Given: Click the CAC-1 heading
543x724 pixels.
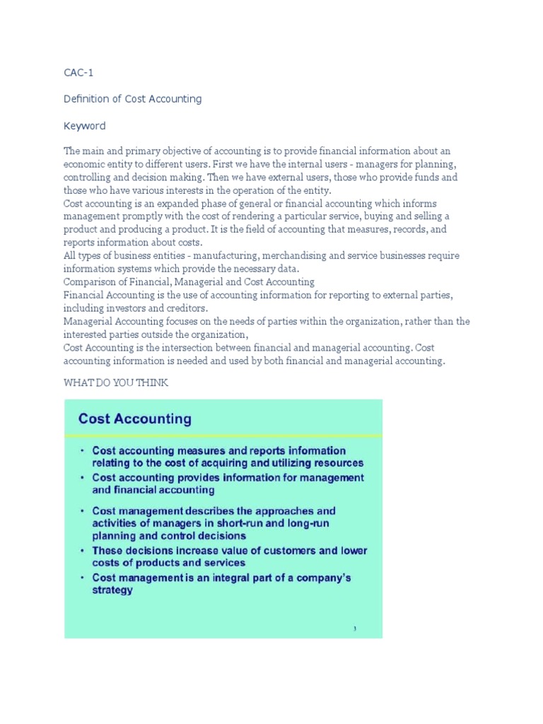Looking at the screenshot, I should pos(78,72).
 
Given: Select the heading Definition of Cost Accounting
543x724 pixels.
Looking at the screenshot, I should pos(132,99).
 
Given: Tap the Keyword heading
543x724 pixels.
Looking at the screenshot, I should pos(84,126).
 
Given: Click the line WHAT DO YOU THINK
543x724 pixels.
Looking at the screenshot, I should pos(116,383).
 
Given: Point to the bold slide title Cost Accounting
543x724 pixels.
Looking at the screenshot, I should pos(134,419).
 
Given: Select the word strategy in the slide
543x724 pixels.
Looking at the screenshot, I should pos(112,590).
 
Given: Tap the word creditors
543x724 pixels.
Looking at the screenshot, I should pos(183,308).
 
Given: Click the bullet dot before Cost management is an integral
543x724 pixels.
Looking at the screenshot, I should pos(83,578).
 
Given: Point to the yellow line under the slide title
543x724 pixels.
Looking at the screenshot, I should pos(223,435).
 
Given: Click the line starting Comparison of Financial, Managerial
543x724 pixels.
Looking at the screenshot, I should pos(189,282).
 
